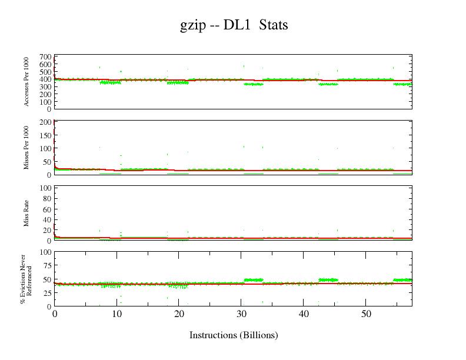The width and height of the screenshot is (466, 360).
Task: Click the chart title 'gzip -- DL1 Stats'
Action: click(234, 25)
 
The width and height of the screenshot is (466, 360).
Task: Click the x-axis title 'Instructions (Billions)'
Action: click(234, 335)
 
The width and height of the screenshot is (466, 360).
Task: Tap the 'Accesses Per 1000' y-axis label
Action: click(27, 82)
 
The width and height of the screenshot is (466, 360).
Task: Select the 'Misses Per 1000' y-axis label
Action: click(27, 147)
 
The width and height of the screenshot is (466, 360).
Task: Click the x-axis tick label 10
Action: click(116, 314)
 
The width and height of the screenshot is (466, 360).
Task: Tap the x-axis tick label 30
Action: click(241, 314)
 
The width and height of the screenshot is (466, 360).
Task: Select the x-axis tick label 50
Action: click(365, 314)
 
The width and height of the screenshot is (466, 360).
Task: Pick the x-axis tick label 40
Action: click(303, 314)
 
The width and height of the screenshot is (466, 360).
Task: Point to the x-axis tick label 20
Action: click(179, 314)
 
